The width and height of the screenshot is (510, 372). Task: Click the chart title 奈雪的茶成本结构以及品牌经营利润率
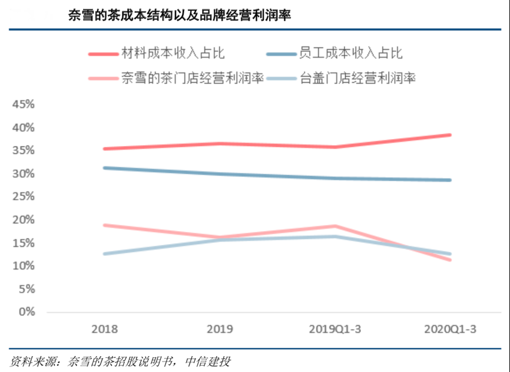(180, 15)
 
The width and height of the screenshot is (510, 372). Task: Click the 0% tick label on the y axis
(27, 312)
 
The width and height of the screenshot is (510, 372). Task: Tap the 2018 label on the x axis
(105, 329)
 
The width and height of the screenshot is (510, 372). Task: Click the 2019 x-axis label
(220, 329)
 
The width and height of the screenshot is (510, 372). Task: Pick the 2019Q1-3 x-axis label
(335, 329)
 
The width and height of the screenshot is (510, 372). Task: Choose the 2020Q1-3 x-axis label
(451, 329)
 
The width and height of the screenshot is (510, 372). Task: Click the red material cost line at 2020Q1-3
(450, 135)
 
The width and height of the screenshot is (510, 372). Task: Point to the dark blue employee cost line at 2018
(105, 168)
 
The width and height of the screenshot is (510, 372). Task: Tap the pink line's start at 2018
(105, 225)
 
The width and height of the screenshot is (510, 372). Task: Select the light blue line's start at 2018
(105, 254)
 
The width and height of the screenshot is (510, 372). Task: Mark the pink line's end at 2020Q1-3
(450, 259)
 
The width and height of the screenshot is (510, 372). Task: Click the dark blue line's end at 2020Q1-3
(450, 180)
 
